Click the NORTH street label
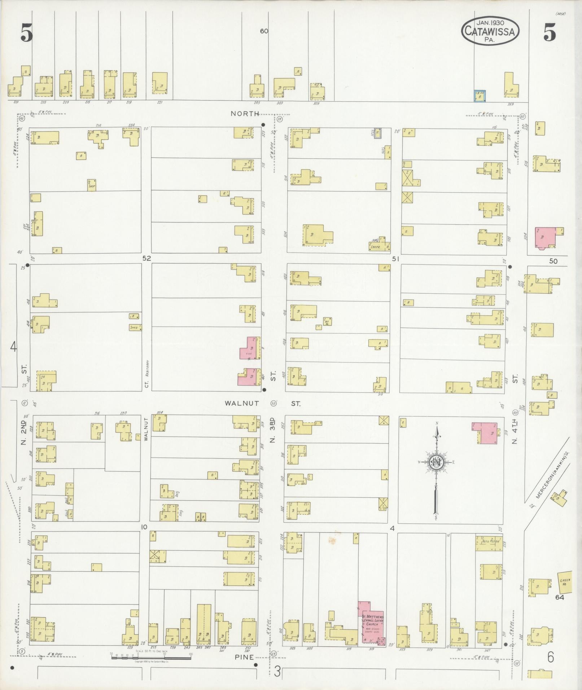click(x=245, y=114)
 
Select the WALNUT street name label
click(x=242, y=403)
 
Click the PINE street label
click(x=244, y=657)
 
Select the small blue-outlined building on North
click(x=480, y=96)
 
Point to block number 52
click(x=146, y=258)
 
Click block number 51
click(x=396, y=258)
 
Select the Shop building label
click(x=91, y=185)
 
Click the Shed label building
click(x=135, y=328)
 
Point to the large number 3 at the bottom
click(x=277, y=671)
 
